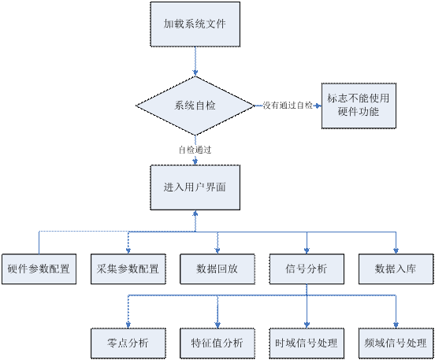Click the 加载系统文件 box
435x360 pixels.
(x=195, y=24)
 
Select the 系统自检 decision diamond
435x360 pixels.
(x=195, y=106)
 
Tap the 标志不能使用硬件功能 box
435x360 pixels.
(x=359, y=106)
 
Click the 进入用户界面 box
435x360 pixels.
(x=195, y=187)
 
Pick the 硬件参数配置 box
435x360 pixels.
(x=39, y=269)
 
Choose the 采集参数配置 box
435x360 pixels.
(x=128, y=269)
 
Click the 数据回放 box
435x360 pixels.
(x=217, y=269)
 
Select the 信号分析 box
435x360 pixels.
(x=307, y=269)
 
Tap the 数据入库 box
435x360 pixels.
(x=396, y=269)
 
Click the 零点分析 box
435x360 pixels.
(x=128, y=343)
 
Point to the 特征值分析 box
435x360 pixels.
(x=217, y=343)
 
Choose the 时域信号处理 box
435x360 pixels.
(x=307, y=343)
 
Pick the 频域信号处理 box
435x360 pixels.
(x=396, y=343)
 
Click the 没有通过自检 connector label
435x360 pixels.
(x=288, y=106)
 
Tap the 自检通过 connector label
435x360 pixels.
(x=195, y=150)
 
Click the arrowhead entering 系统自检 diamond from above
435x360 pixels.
(x=195, y=73)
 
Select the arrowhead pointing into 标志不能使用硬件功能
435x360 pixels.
(x=318, y=106)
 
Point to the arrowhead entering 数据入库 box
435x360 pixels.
(x=396, y=251)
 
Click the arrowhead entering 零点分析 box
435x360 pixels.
(x=128, y=325)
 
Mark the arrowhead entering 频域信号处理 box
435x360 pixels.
(x=396, y=325)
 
